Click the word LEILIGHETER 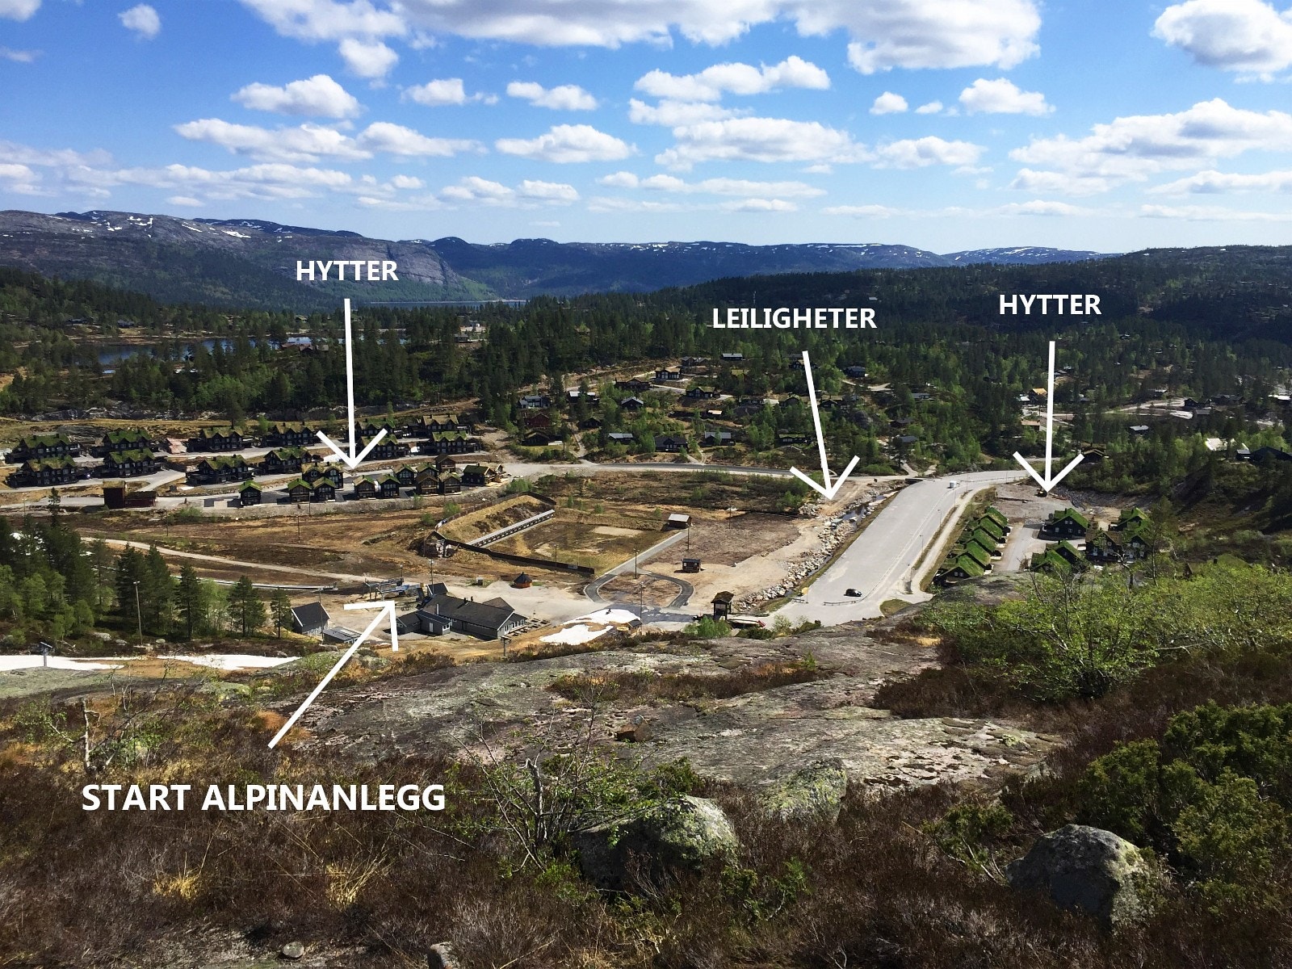pos(794,318)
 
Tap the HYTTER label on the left pos(346,271)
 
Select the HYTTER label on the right pos(1050,304)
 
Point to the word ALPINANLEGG pos(322,799)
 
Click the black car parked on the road pos(853,593)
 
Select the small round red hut pos(522,581)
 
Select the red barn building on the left pos(128,495)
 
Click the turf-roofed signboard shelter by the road pos(722,604)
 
